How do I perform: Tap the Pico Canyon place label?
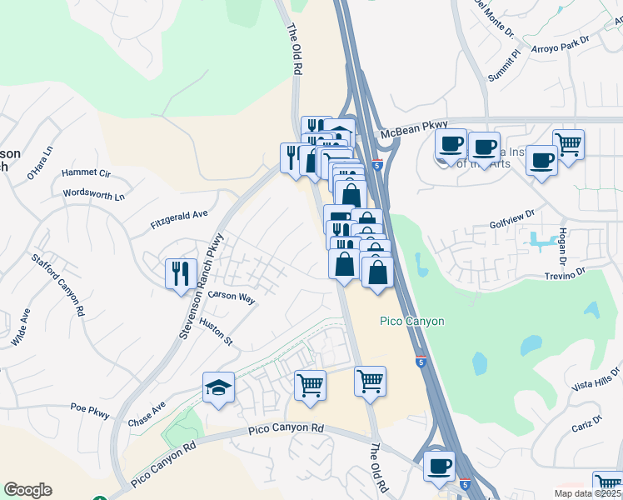tap(411, 321)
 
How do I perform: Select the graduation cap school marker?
tap(219, 387)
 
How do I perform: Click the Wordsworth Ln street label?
tap(94, 195)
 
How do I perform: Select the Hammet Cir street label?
tap(86, 173)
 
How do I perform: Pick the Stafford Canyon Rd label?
tap(57, 285)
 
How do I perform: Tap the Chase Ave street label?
tap(147, 416)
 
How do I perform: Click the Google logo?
tap(27, 490)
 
